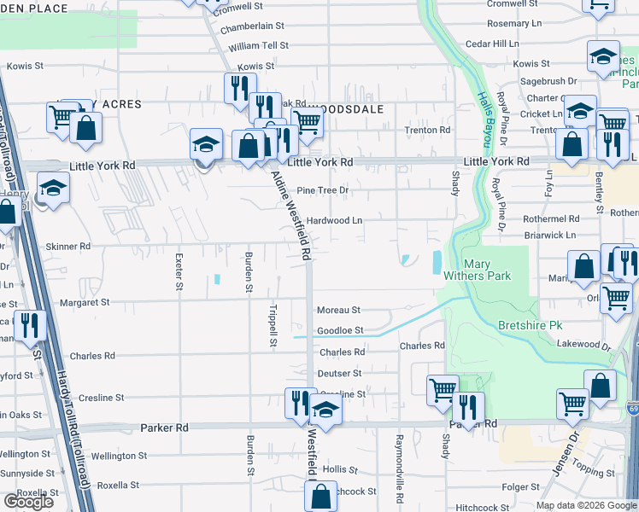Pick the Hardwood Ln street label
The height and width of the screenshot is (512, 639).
pos(335,220)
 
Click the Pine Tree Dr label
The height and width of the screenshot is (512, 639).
pos(323,190)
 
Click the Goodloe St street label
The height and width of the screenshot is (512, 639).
pos(340,330)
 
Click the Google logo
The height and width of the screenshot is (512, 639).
pos(28,502)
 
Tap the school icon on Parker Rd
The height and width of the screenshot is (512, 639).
pos(325,410)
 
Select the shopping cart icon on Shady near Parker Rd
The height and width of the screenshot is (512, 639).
pos(443,390)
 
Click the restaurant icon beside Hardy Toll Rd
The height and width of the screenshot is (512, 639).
pos(28,324)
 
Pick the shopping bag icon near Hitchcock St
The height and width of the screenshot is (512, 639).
pos(320,495)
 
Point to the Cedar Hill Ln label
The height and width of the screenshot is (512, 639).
pos(492,44)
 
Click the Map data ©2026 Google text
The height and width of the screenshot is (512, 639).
pos(586,504)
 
